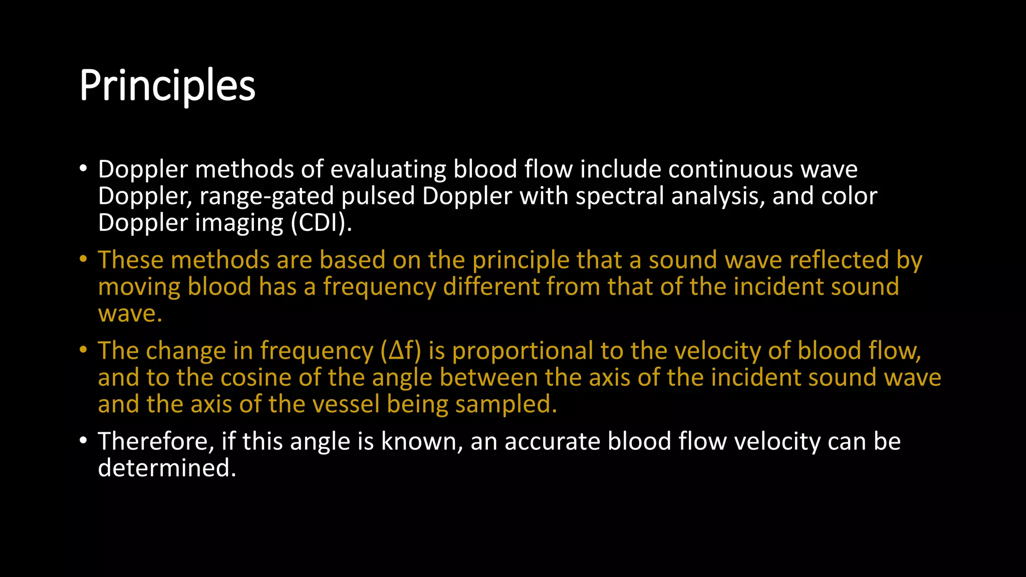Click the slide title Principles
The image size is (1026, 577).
[167, 85]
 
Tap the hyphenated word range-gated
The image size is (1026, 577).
[267, 196]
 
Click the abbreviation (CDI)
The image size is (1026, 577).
[321, 223]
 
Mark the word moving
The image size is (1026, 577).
[139, 287]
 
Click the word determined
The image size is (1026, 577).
[167, 468]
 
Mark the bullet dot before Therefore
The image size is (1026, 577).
[83, 441]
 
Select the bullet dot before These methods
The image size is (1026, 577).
[83, 259]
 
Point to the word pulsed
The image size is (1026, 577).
[378, 196]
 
